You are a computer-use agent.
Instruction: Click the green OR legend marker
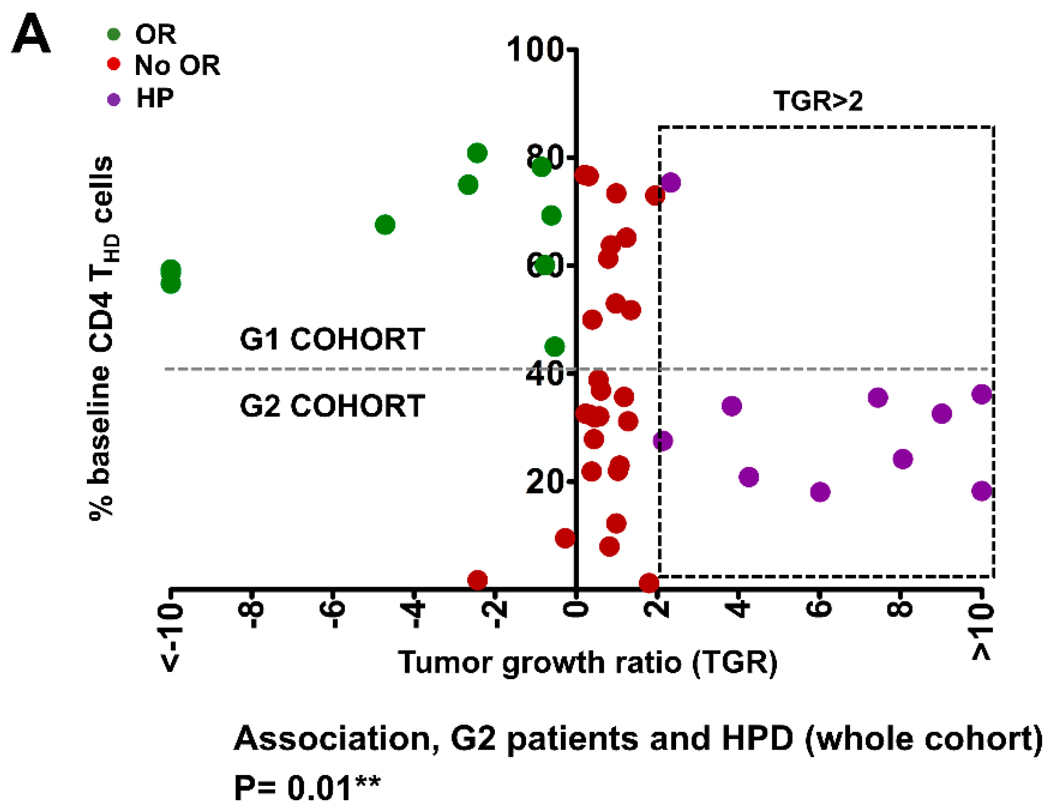tap(114, 34)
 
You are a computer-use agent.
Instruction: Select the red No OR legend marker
tap(114, 64)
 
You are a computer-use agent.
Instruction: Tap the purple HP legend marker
tap(114, 99)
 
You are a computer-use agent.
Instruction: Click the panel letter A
tap(31, 34)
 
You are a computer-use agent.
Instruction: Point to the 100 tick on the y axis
tap(535, 49)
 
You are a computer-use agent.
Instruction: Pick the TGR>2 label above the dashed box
tap(818, 101)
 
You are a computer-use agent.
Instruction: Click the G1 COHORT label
tap(332, 339)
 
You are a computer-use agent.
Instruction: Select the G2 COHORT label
tap(332, 406)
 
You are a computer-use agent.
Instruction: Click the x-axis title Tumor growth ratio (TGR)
tap(587, 663)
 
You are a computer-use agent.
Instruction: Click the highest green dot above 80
tap(477, 153)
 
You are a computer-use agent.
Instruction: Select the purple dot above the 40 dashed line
tap(670, 183)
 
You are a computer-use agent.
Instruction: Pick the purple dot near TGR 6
tap(820, 492)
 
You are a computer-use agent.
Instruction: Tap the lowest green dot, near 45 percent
tap(555, 347)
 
